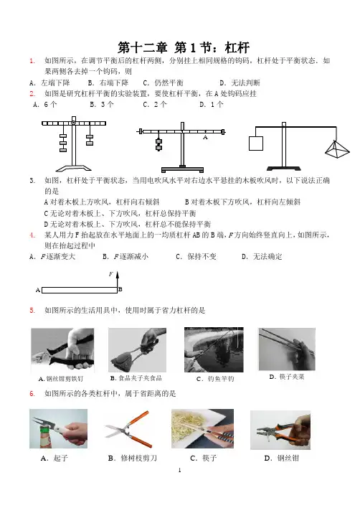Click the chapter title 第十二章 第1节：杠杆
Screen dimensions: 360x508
184,47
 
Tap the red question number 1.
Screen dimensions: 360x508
32,61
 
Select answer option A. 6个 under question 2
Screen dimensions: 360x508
45,104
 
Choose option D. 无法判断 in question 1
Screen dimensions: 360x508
240,83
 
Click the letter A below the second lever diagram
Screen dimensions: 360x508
205,137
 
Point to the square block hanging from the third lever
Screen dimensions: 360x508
256,144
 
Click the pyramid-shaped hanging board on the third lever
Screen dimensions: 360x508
337,149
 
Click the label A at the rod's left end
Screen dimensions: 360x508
38,290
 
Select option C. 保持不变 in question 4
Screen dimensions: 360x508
196,257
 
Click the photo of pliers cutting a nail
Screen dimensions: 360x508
62,350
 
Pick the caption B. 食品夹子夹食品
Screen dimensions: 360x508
136,378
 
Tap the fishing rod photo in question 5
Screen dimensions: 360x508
214,349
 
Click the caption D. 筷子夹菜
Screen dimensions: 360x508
287,377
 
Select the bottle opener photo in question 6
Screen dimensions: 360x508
58,428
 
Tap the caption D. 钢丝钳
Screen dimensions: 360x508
282,458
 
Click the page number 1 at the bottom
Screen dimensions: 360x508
180,470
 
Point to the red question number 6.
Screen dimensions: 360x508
32,394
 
